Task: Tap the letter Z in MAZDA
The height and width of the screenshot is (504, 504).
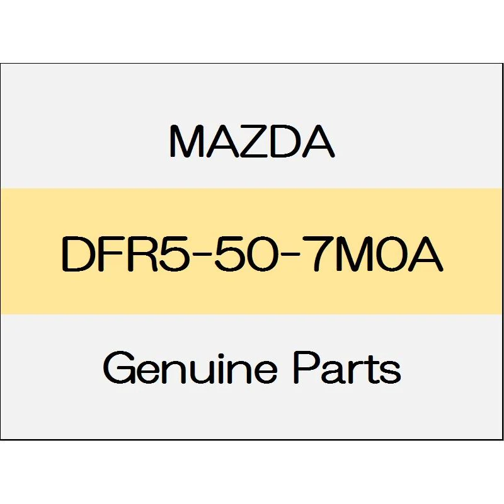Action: click(255, 141)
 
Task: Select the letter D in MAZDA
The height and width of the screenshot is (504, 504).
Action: click(286, 141)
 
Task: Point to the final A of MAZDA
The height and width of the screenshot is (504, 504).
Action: click(318, 141)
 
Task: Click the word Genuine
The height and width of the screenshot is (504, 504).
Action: click(190, 368)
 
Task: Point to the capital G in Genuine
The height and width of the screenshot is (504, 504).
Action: click(118, 368)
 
